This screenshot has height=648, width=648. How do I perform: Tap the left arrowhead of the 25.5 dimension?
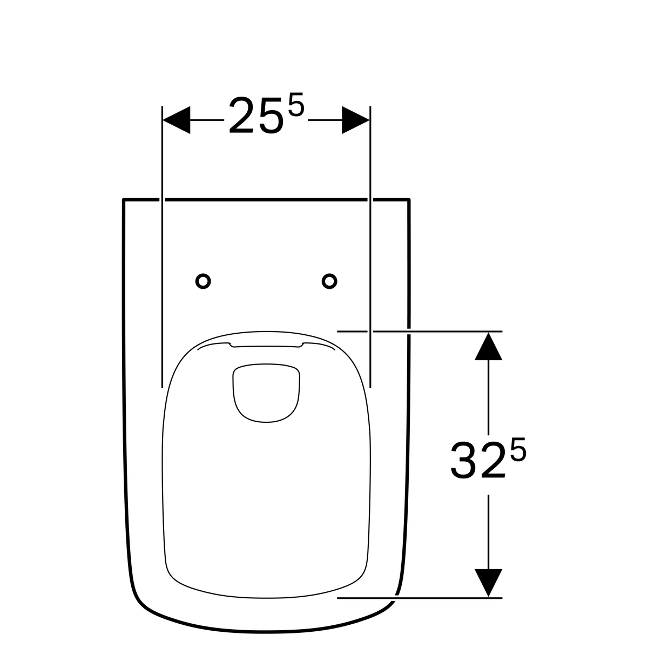(x=177, y=120)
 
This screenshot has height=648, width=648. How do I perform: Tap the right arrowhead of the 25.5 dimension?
(x=356, y=120)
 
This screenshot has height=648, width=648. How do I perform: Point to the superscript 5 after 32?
(x=518, y=449)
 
